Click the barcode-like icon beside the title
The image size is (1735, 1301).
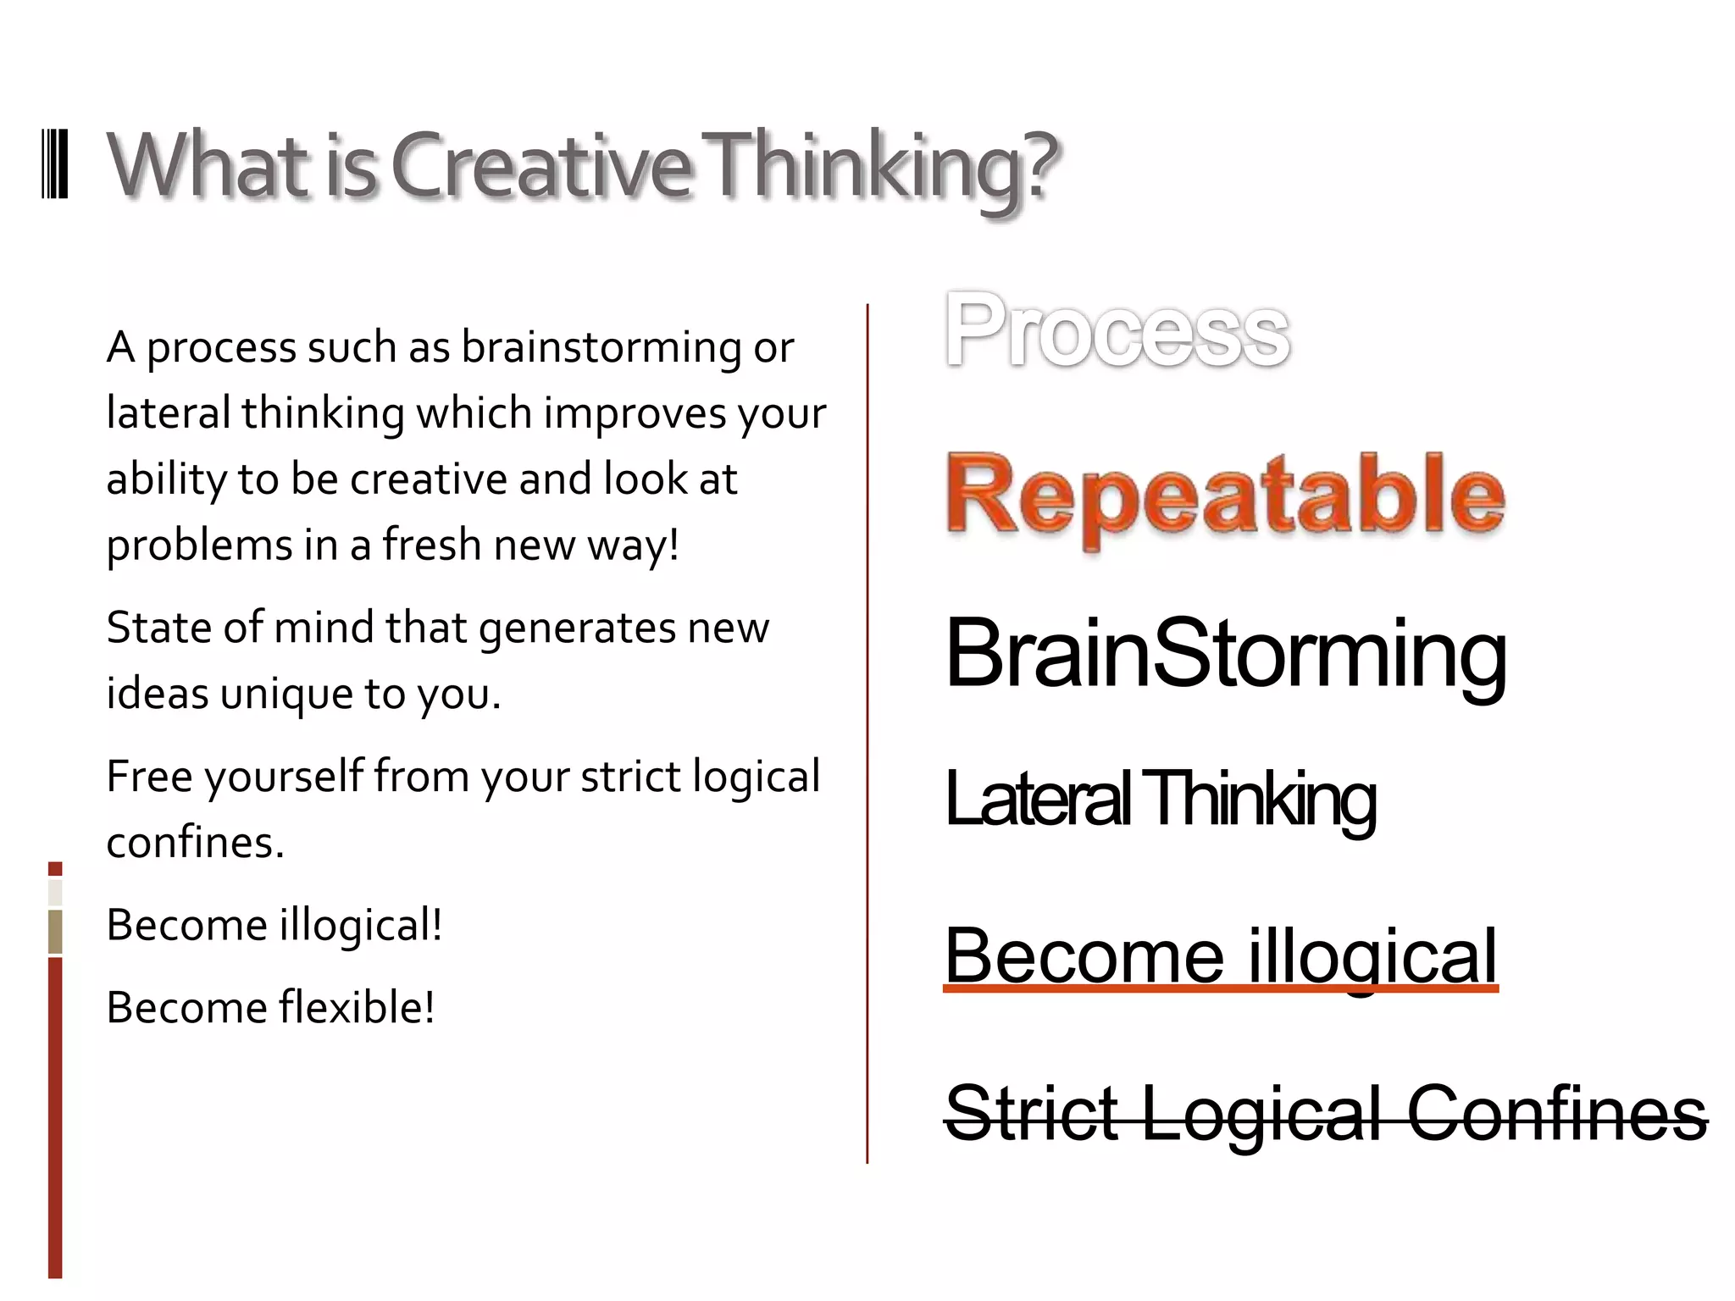click(55, 164)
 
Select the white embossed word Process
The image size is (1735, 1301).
click(1117, 330)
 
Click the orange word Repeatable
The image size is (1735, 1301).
click(1224, 495)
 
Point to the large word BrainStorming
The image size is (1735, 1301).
click(1226, 654)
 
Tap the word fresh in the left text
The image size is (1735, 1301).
click(431, 545)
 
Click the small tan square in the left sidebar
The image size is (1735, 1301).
click(55, 931)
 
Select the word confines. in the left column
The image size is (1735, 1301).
click(195, 842)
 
